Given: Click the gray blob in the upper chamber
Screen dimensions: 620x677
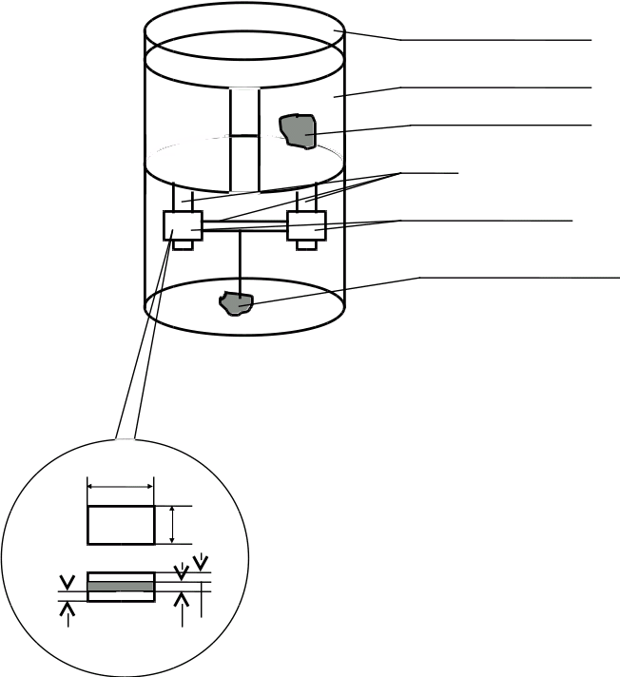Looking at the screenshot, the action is coord(299,131).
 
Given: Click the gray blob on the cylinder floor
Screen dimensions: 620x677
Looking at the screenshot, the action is coord(236,303).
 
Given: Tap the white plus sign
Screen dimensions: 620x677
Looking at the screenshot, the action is coord(222,136).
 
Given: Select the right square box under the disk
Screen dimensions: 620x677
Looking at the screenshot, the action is coord(306,225).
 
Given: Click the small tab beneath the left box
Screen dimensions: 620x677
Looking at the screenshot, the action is coord(183,244).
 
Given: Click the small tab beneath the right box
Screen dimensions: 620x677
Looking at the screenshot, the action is coord(306,244).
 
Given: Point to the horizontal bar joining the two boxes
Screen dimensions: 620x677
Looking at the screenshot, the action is coord(244,225).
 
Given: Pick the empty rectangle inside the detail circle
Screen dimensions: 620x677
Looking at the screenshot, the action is coord(121,525).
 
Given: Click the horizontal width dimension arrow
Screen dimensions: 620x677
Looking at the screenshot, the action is coord(121,486).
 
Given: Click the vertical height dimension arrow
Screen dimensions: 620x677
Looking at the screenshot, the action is coord(172,525).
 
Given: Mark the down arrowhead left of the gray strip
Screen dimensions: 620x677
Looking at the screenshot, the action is coord(67,582).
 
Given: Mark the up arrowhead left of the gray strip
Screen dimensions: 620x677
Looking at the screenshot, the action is coord(67,609).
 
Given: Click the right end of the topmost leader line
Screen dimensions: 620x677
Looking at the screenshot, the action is coord(591,40).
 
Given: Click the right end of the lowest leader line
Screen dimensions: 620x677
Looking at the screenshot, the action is coord(616,278).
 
